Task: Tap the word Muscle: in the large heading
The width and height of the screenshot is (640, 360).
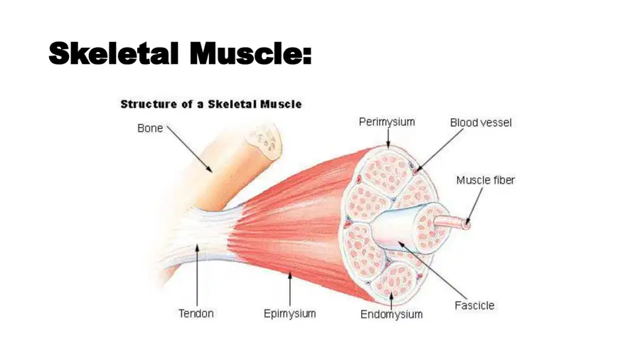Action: click(x=250, y=53)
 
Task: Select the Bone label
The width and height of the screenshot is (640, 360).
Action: click(x=150, y=128)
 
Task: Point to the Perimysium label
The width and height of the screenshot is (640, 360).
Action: click(x=387, y=122)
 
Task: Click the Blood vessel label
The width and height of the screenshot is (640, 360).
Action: click(x=481, y=122)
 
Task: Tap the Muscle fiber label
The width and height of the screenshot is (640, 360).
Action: click(x=486, y=180)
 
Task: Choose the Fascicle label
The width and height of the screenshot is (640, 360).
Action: click(x=474, y=305)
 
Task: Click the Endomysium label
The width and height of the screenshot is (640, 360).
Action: click(x=391, y=314)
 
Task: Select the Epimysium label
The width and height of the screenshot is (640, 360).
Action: click(x=289, y=314)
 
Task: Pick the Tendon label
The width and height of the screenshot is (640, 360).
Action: click(x=196, y=314)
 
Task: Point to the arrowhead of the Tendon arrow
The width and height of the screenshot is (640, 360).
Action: click(x=197, y=247)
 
